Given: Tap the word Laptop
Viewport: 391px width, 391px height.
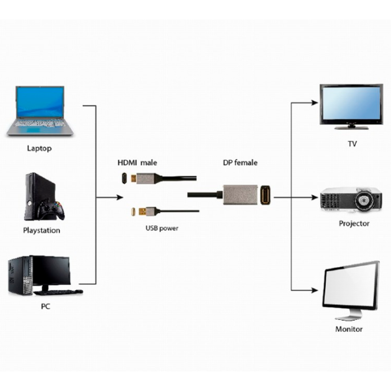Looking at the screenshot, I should coord(39,148).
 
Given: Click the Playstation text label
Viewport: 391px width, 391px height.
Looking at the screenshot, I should coord(42,230).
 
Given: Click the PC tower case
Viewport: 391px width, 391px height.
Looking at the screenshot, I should coord(20,278).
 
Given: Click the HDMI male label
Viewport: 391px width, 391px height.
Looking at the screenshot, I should coord(137,162).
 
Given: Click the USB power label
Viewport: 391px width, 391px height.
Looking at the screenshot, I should coord(162,228).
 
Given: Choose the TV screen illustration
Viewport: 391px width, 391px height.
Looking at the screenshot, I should coord(351,104).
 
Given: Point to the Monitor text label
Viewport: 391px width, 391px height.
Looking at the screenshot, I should coord(349,329).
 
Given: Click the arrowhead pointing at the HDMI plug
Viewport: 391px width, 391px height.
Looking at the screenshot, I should coord(118,195).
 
